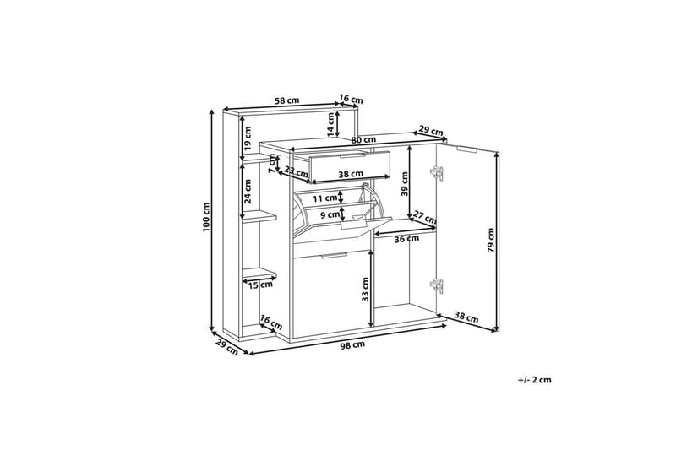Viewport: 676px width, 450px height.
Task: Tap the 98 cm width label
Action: point(352,345)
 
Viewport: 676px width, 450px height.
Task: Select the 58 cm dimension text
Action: point(286,100)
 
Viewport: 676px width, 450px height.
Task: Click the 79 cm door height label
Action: point(490,241)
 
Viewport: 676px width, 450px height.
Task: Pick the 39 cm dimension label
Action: point(405,184)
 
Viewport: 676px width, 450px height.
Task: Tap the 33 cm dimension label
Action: point(366,290)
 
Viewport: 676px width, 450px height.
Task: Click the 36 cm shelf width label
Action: point(406,239)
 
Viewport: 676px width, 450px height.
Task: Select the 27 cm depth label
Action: point(425,217)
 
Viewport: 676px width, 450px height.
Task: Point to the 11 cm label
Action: point(324,198)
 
